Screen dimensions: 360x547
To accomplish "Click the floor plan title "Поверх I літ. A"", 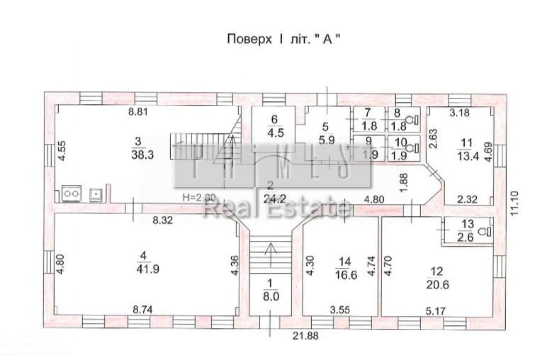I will (x=281, y=39).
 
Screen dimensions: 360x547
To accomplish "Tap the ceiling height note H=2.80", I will (x=199, y=198).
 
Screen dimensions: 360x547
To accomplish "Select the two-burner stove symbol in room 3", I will (x=72, y=193).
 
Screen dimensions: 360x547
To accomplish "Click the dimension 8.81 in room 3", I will (x=140, y=112).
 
